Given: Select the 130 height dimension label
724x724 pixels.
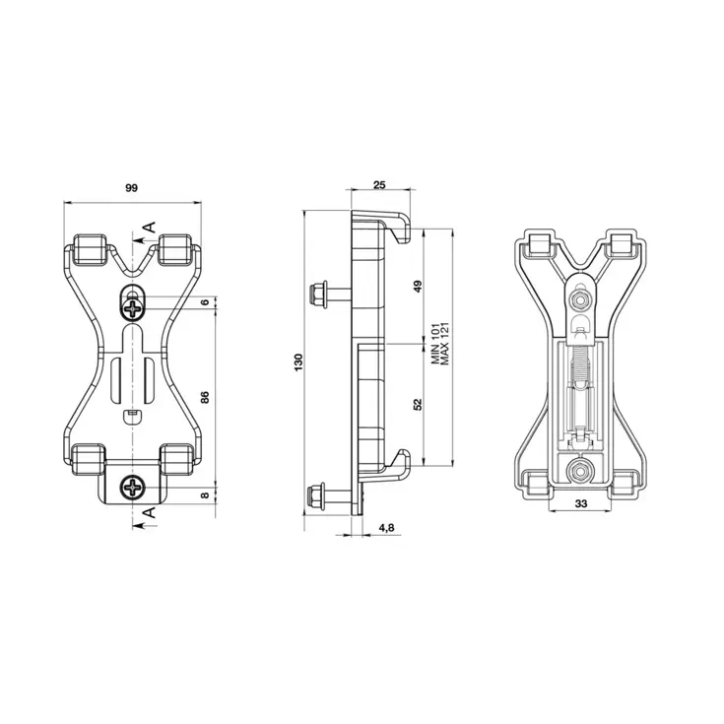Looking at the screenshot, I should pos(298,362).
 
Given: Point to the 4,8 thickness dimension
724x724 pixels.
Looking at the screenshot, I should pos(386,528).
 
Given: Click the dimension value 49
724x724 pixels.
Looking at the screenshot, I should pos(418,287).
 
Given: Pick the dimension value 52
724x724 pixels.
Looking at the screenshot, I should pos(418,404).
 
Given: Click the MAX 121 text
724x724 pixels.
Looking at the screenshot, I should pos(446,347).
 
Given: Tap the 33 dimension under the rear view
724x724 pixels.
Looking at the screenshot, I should pos(580,504).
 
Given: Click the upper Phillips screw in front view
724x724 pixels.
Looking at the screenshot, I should pos(133,308).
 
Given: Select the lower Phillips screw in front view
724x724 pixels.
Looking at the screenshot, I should pos(133,487).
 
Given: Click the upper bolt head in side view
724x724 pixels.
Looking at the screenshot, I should pos(319,295).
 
